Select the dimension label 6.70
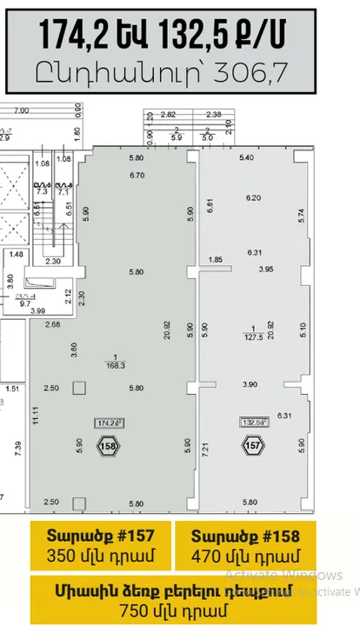(136, 176)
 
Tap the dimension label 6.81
(209, 206)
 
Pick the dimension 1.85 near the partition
(217, 259)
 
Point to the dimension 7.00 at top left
(23, 110)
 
